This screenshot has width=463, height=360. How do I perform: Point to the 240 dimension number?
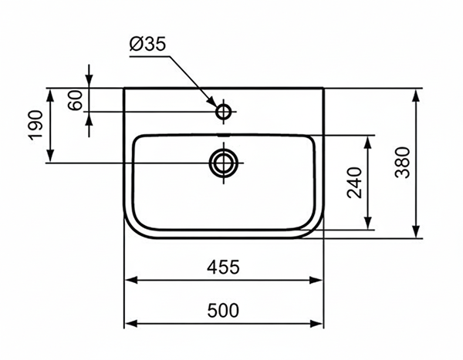click(x=354, y=183)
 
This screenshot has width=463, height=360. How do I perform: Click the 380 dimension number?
click(x=402, y=163)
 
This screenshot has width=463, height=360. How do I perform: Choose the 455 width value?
click(x=223, y=267)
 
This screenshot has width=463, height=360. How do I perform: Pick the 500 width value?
click(x=223, y=311)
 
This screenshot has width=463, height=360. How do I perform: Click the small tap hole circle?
click(x=225, y=113)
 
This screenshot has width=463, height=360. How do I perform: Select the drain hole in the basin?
click(x=224, y=163)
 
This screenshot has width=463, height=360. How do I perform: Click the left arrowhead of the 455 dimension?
click(x=131, y=279)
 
